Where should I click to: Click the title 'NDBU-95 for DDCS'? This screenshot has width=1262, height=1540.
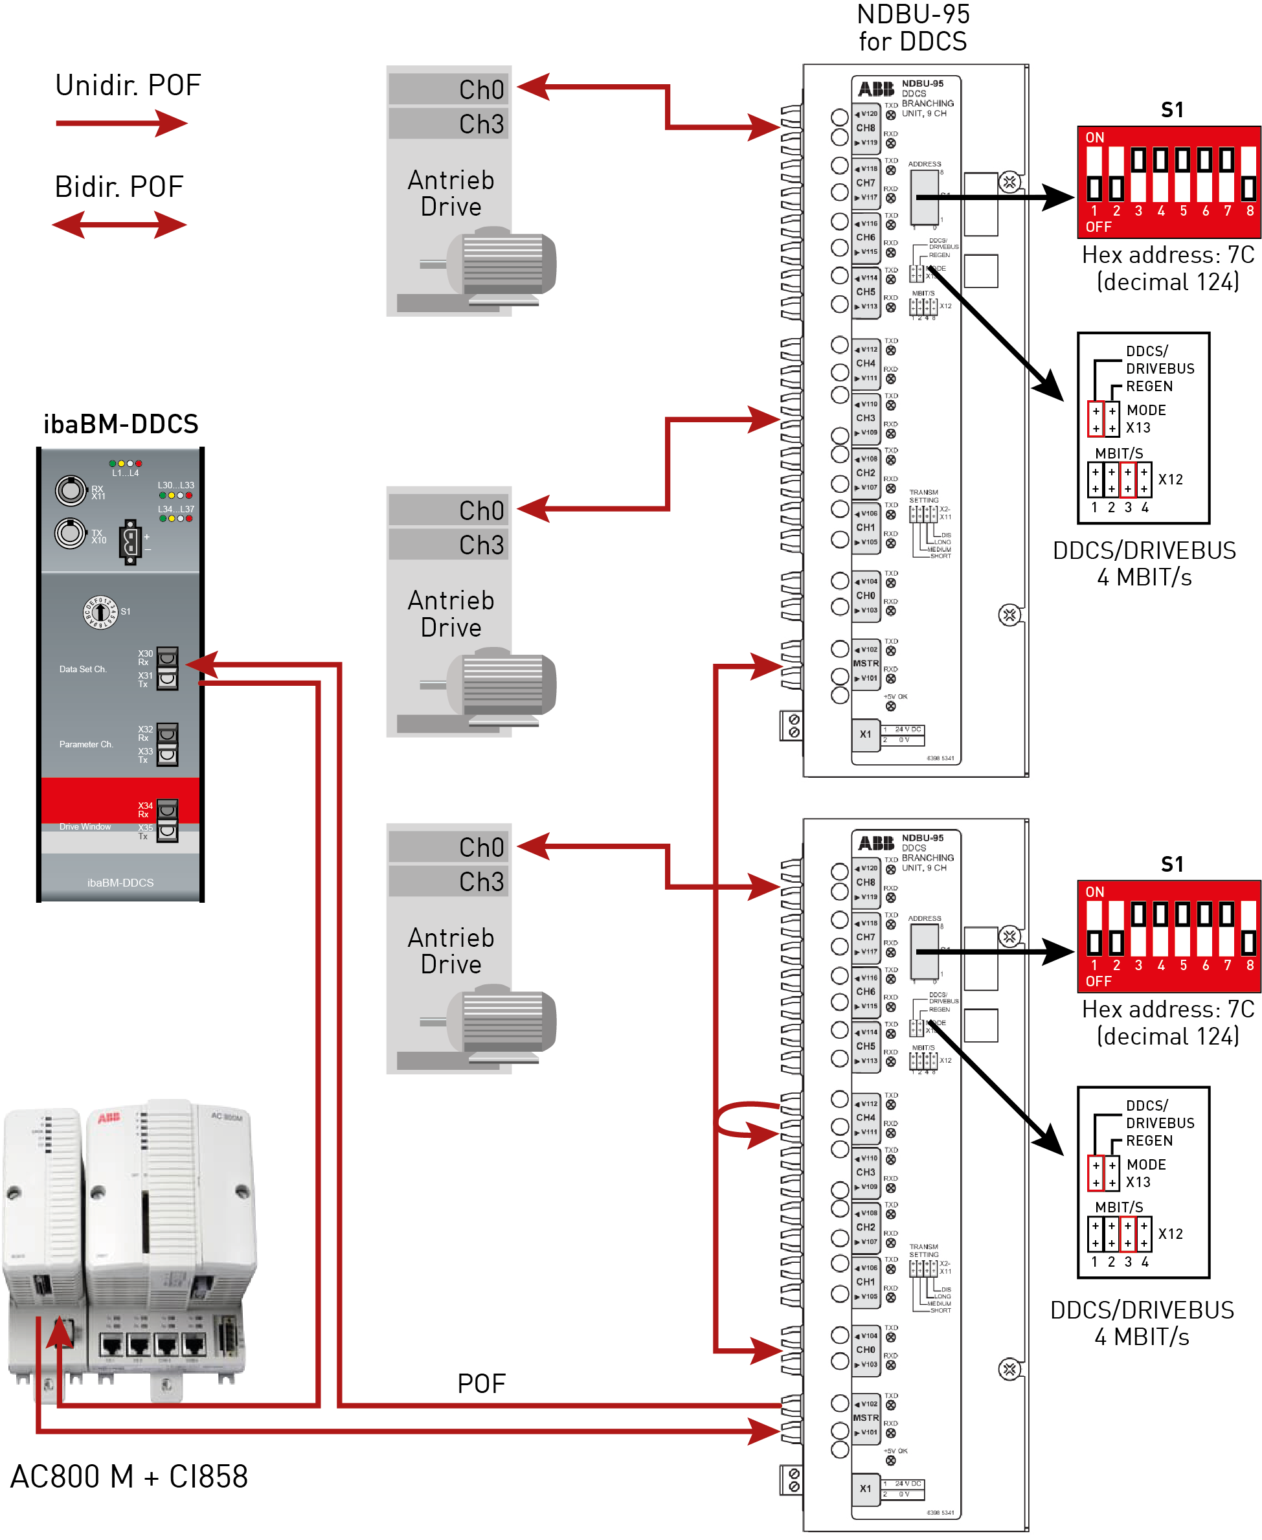912,28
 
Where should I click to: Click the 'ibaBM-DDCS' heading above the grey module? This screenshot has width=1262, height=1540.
120,424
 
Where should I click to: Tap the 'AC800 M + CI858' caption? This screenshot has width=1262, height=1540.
130,1477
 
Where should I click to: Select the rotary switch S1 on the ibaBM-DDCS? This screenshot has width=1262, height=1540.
100,611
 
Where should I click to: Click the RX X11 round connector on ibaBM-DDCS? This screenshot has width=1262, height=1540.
71,491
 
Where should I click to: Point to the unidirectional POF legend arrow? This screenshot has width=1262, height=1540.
121,124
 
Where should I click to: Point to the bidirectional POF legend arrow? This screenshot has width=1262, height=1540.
120,225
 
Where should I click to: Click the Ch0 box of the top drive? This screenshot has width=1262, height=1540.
449,89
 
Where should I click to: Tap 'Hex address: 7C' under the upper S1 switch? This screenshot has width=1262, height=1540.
1167,255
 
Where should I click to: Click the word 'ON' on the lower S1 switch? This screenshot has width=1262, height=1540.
1095,892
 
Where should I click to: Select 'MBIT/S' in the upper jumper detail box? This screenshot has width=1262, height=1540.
1119,453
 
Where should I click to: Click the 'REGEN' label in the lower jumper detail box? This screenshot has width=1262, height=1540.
1149,1140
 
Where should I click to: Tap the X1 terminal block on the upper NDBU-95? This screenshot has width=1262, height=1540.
866,734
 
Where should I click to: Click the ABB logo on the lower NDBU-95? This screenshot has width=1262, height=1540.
876,843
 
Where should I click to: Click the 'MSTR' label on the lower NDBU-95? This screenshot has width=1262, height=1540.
866,1418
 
